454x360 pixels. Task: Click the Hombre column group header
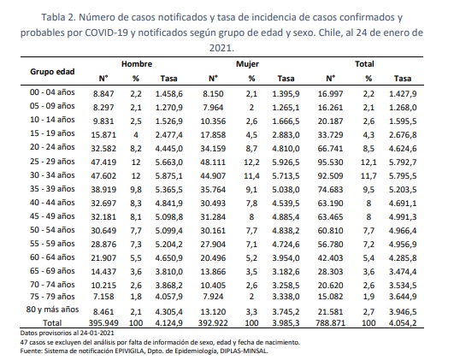[137, 64]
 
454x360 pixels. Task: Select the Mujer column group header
[247, 64]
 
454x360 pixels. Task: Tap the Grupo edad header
[52, 72]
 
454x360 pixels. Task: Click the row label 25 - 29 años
[52, 162]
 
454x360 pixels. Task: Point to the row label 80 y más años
[52, 310]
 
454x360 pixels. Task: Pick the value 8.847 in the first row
[103, 94]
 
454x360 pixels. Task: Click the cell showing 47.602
[103, 176]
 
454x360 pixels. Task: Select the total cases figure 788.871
[330, 323]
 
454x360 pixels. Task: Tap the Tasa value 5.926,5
[286, 162]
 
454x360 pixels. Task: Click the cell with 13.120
[213, 312]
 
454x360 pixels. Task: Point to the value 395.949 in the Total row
[103, 323]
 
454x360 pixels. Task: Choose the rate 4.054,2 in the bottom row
[403, 323]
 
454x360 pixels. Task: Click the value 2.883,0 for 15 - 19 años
[286, 135]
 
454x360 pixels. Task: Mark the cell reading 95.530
[330, 162]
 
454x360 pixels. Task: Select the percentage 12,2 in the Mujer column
[251, 162]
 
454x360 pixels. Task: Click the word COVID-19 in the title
[106, 32]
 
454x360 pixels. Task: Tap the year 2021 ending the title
[221, 48]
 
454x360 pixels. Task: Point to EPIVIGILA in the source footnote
[129, 351]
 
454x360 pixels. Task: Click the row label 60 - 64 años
[52, 257]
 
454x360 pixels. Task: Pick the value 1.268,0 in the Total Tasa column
[403, 108]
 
